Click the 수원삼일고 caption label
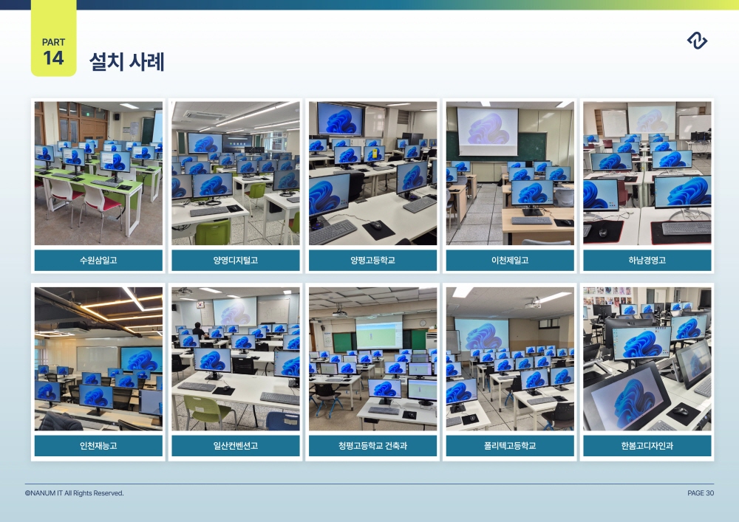coord(98,261)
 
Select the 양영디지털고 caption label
coord(236,261)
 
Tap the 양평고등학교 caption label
coord(372,261)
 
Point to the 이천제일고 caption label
coord(510,261)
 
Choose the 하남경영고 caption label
coord(647,261)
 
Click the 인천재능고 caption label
coord(98,446)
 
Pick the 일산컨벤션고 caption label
coord(236,446)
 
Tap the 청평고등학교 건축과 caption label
coord(372,446)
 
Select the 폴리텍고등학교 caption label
coord(510,446)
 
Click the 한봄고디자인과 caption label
coord(647,446)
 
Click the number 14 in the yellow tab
coord(53,58)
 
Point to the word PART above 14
coord(53,42)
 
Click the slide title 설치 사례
coord(127,62)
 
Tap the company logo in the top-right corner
coord(697,41)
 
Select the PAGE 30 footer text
coord(701,493)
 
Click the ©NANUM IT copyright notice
coord(75,493)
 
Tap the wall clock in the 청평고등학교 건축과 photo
coord(423,323)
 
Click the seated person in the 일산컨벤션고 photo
coord(199,332)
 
